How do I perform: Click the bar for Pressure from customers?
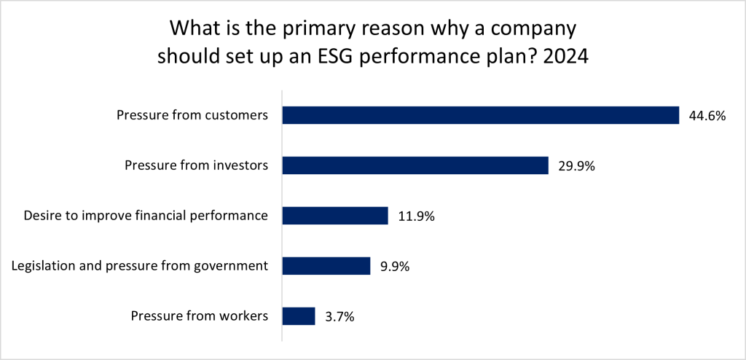click(x=480, y=115)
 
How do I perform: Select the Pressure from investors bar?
click(x=415, y=165)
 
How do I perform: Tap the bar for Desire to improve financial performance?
click(x=334, y=216)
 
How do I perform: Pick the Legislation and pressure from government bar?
click(x=326, y=266)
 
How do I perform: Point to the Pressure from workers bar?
click(x=298, y=316)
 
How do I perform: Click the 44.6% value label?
click(x=706, y=115)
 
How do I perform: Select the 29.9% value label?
click(x=575, y=165)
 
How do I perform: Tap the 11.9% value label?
click(x=417, y=216)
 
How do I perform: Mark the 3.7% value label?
click(x=339, y=316)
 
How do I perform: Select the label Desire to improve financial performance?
click(x=146, y=216)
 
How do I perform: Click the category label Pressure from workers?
click(x=200, y=316)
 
